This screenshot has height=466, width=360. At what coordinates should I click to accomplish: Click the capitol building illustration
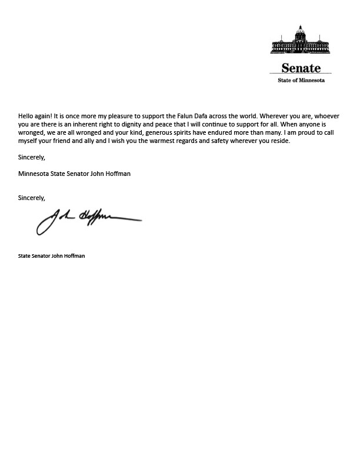301,41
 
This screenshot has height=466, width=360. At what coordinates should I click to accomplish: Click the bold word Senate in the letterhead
301,68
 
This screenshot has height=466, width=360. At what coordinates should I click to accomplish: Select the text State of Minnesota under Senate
301,80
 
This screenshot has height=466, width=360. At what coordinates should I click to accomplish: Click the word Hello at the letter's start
27,116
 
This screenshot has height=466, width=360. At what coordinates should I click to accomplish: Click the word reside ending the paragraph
279,141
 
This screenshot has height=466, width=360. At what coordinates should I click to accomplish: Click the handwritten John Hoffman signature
88,220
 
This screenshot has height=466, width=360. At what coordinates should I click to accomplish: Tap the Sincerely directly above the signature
32,198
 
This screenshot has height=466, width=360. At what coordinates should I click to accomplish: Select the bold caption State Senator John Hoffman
52,256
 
